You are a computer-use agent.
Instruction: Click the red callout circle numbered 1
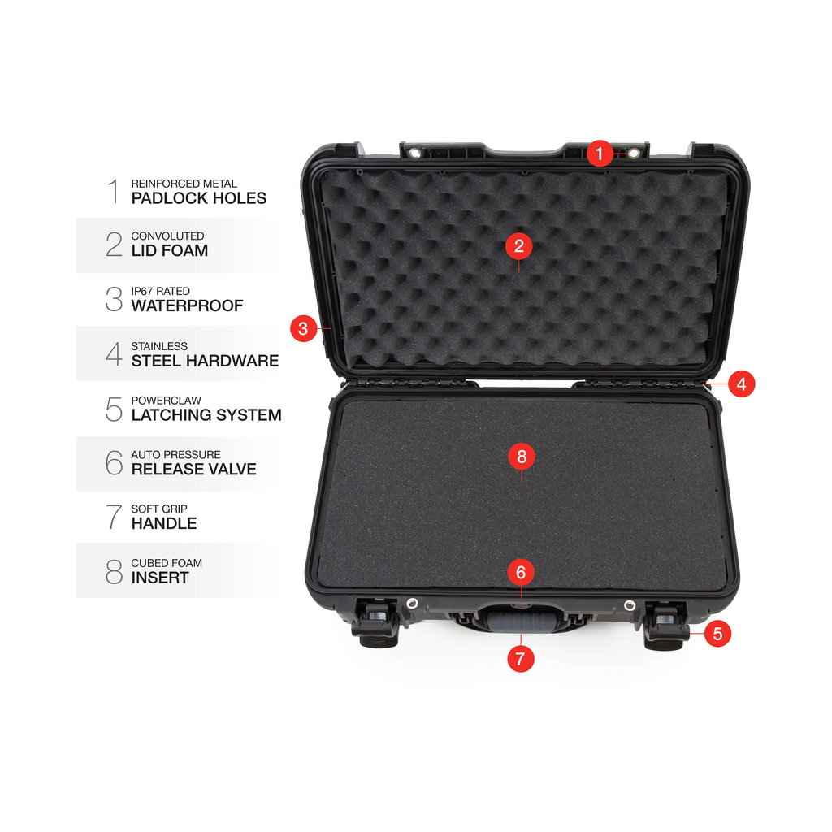(x=600, y=154)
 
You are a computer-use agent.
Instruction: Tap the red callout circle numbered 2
(x=519, y=245)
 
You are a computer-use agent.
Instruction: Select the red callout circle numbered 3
(x=304, y=328)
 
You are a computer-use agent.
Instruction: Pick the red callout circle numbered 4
(x=741, y=384)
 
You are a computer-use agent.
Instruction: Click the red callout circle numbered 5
(x=718, y=634)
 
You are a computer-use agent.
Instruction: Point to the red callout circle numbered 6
(x=521, y=572)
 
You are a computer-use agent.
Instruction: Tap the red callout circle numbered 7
(x=521, y=659)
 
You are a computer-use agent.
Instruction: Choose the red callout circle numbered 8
(x=522, y=457)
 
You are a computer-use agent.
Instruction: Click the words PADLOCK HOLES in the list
(x=199, y=198)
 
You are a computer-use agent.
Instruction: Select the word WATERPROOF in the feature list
(x=188, y=306)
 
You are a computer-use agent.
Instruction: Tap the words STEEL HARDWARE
(x=205, y=361)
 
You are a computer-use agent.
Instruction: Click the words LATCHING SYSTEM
(x=206, y=415)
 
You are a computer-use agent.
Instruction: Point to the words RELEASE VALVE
(x=193, y=470)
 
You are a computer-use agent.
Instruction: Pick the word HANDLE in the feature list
(x=164, y=524)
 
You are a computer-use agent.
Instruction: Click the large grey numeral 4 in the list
(x=114, y=353)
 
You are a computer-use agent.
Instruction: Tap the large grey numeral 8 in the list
(x=114, y=571)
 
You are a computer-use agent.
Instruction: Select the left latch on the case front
(x=377, y=623)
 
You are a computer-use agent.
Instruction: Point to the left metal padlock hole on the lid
(x=415, y=154)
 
